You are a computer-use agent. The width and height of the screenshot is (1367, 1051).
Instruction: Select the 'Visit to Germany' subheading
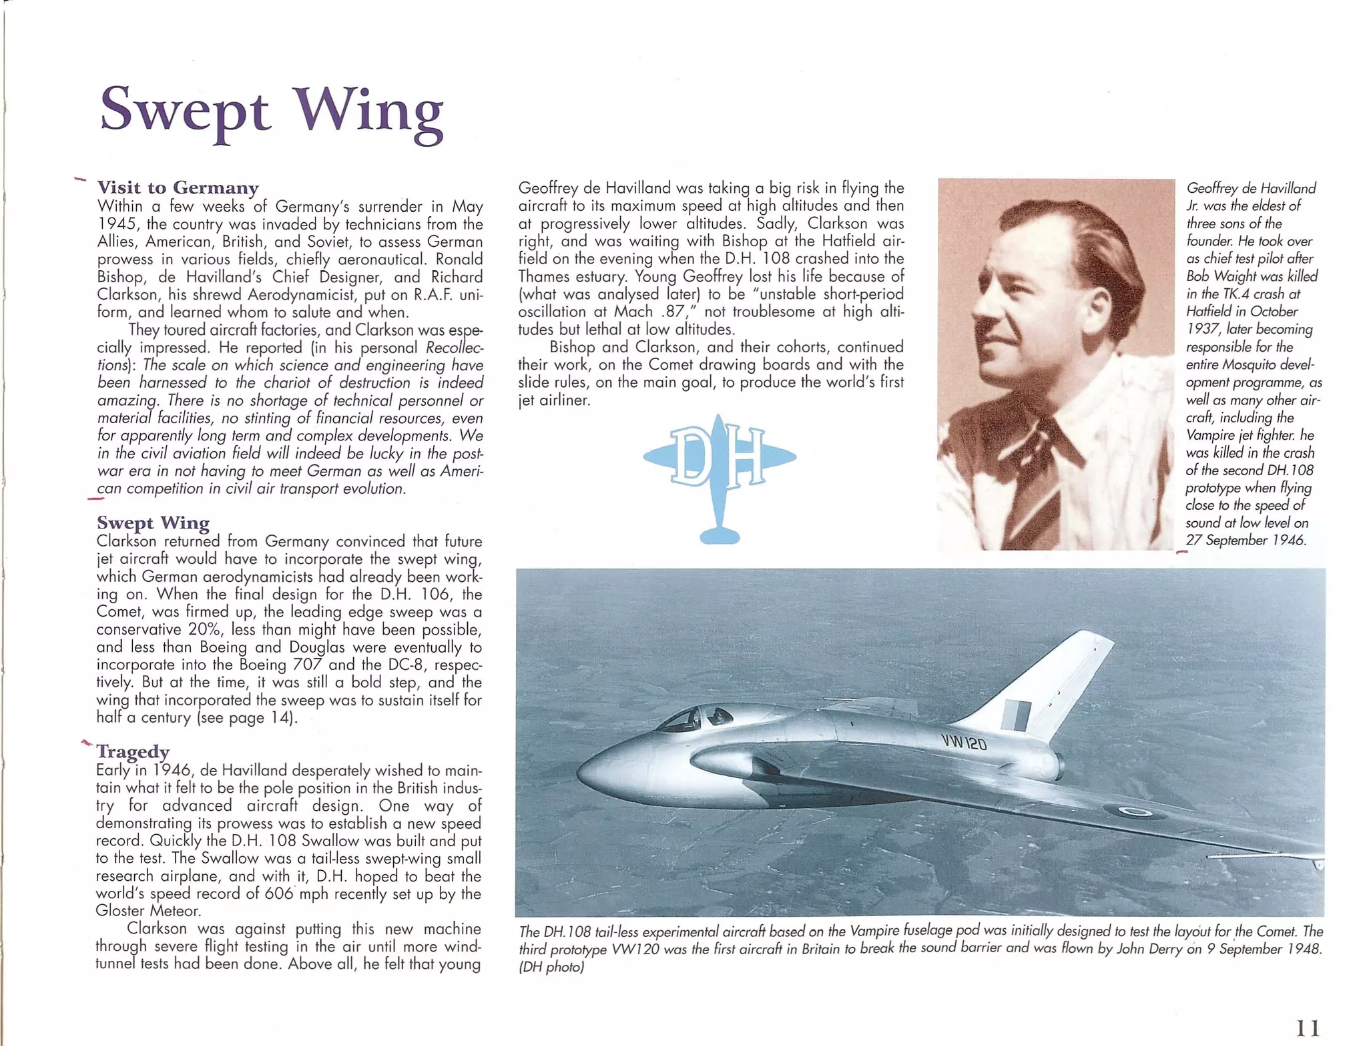[x=178, y=187]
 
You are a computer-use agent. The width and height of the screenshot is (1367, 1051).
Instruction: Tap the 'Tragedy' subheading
[x=133, y=751]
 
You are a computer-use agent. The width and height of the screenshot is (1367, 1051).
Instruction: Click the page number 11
[x=1307, y=1028]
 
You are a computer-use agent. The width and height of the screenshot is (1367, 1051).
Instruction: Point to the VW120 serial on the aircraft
[x=964, y=741]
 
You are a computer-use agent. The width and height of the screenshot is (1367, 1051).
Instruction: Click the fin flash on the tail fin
[x=1015, y=715]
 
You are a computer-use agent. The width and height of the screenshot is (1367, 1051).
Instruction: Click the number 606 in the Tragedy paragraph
[x=279, y=894]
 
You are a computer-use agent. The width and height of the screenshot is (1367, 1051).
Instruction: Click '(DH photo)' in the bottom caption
[x=551, y=966]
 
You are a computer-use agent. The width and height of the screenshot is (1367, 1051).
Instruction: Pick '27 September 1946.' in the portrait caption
[x=1245, y=540]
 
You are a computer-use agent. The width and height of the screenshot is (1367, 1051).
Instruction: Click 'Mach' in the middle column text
[x=633, y=312]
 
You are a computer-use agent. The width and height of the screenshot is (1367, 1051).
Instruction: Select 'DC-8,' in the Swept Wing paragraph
[x=408, y=665]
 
